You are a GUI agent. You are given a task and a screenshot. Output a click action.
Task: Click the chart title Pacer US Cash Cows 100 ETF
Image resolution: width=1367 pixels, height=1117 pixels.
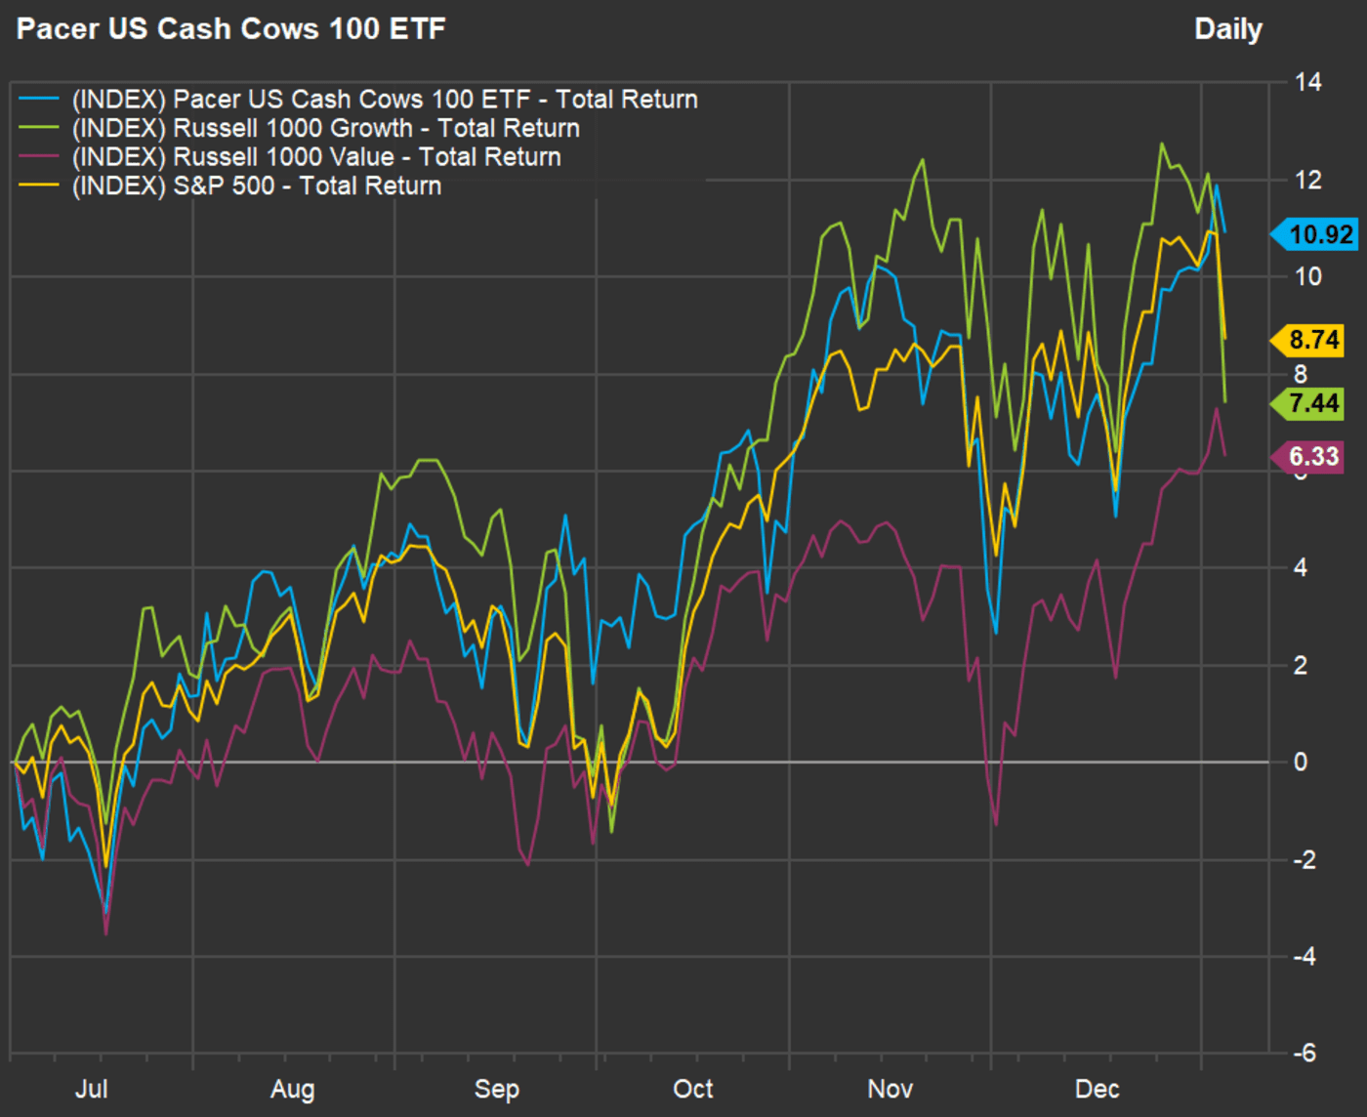pos(231,28)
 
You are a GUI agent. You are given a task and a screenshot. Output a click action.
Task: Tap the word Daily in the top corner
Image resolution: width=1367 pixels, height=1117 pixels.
pos(1227,29)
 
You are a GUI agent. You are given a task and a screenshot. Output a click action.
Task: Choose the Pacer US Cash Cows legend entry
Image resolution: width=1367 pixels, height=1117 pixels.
pos(385,100)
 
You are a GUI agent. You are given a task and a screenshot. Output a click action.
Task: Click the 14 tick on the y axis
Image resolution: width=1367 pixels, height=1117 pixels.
pos(1307,82)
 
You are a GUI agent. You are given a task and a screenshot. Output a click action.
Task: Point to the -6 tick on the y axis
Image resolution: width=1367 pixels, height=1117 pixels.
pos(1304,1053)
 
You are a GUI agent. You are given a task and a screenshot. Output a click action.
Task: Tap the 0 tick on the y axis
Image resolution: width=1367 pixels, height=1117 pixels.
pos(1300,762)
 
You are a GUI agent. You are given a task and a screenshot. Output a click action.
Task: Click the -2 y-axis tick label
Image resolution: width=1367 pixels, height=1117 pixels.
pos(1304,859)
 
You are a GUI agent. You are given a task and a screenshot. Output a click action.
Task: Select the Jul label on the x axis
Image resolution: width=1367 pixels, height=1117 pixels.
pos(92,1089)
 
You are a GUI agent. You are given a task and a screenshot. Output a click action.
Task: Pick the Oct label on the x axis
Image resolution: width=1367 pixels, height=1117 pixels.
pos(693,1089)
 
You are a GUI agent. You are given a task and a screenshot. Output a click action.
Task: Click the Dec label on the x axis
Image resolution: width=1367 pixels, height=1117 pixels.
pos(1097,1089)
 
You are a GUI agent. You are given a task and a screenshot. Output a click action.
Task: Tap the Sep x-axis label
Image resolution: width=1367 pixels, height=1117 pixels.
pos(496,1089)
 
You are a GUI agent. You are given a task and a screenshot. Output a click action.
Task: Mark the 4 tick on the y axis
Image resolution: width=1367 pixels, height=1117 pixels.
pos(1300,567)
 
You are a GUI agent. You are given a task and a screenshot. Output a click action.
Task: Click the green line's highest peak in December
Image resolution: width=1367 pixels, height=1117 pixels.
pos(1162,145)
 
